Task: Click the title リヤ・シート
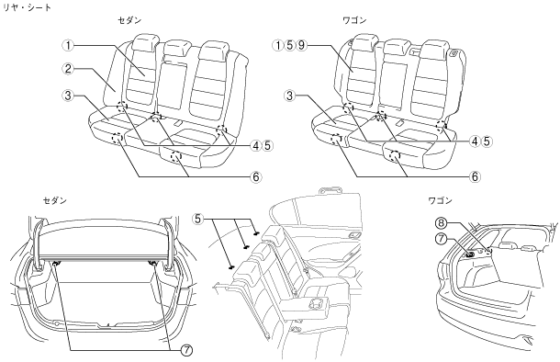click(28, 7)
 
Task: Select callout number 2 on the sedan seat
click(68, 68)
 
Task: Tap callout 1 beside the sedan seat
click(68, 45)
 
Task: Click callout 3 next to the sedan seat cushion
click(68, 96)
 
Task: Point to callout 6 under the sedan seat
click(256, 177)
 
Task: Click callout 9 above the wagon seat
click(302, 45)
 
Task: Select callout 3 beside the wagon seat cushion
click(290, 96)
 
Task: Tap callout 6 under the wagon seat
click(475, 177)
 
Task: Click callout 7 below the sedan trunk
click(186, 351)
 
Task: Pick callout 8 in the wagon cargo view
click(441, 223)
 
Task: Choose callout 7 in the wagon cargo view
click(441, 238)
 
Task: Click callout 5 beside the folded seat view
click(198, 219)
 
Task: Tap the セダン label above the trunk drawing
click(55, 200)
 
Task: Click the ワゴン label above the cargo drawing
click(441, 200)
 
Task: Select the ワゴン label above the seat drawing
click(354, 20)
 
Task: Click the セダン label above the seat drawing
click(129, 20)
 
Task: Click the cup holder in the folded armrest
click(316, 303)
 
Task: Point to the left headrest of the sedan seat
click(145, 42)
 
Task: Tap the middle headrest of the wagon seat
click(399, 47)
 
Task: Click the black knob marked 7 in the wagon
click(470, 255)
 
